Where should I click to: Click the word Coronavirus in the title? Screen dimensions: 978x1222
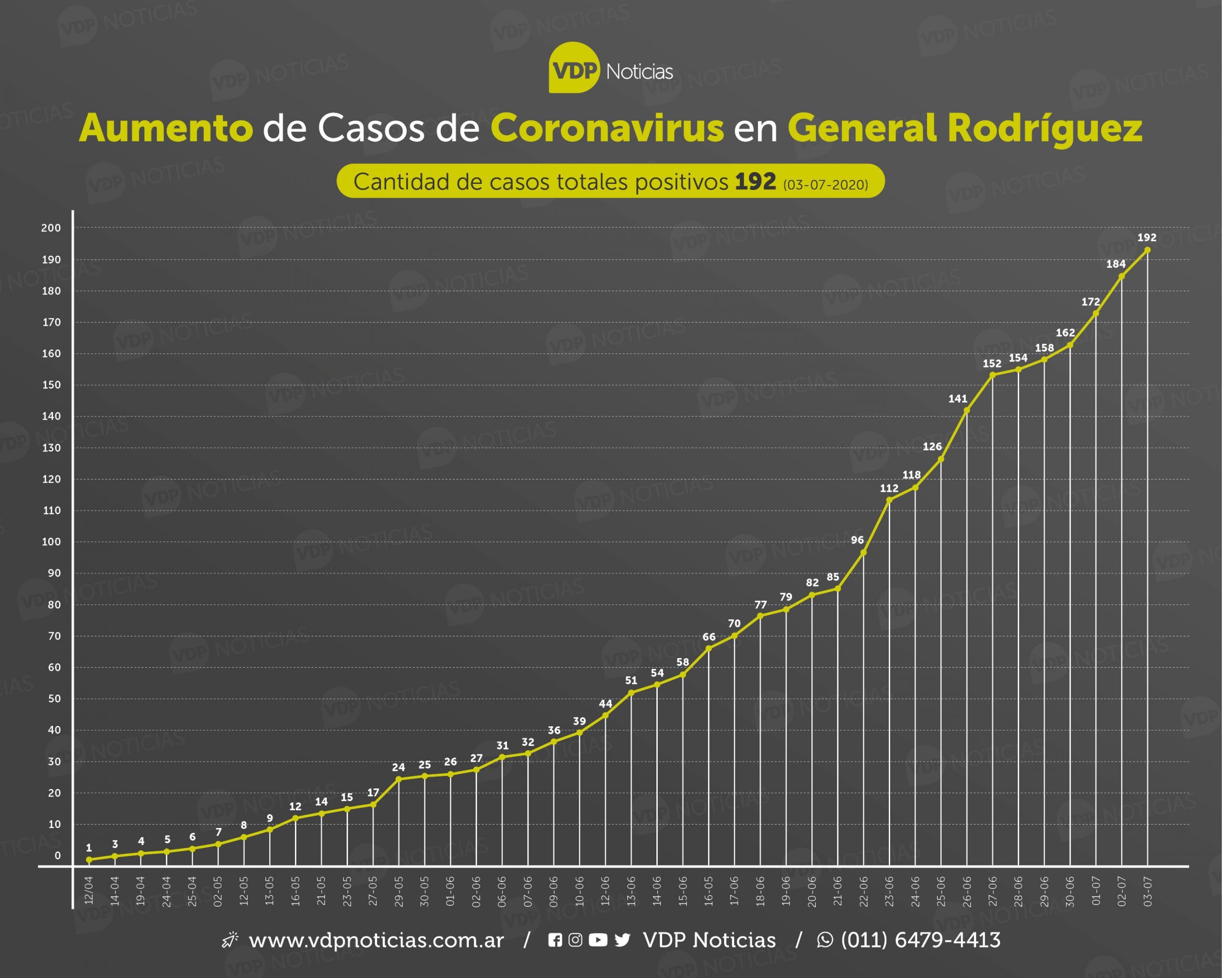point(607,128)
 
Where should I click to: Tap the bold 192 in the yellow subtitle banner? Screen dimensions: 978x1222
point(755,181)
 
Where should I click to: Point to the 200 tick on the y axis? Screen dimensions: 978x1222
point(51,228)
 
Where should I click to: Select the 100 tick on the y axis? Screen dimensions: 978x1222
point(51,542)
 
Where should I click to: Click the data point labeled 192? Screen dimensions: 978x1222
point(1147,249)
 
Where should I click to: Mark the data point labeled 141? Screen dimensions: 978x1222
point(966,410)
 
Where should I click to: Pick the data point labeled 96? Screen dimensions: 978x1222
point(863,552)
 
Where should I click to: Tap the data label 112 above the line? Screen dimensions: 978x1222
point(889,488)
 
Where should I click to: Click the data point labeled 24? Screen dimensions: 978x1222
point(399,779)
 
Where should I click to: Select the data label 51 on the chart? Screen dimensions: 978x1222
point(631,680)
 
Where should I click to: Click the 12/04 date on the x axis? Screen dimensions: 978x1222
point(89,891)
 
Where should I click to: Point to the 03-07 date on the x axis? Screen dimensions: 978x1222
point(1148,891)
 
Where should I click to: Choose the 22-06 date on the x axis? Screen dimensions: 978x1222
point(863,891)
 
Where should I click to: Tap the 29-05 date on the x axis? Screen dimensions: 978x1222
point(399,891)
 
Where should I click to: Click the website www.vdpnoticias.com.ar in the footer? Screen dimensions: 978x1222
point(376,940)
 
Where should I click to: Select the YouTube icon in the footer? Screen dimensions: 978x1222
point(598,940)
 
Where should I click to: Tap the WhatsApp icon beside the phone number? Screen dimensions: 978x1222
point(825,940)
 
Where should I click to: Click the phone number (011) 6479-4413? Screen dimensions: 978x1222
point(920,940)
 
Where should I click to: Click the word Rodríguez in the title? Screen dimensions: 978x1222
point(1044,128)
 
